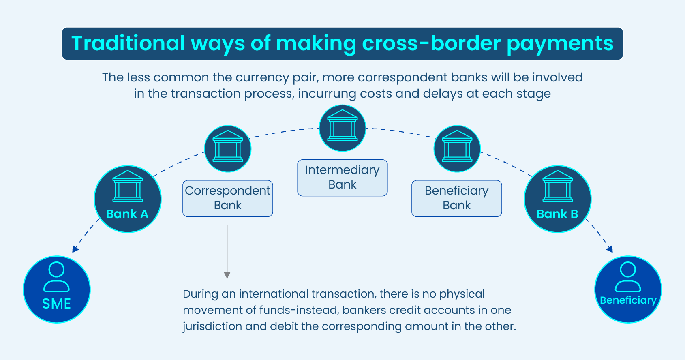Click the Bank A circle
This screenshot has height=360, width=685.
pyautogui.click(x=128, y=199)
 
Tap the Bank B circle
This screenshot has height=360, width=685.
pyautogui.click(x=557, y=199)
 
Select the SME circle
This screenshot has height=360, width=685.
pyautogui.click(x=57, y=289)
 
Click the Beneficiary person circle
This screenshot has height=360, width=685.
pyautogui.click(x=628, y=289)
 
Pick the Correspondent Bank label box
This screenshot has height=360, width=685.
pyautogui.click(x=228, y=198)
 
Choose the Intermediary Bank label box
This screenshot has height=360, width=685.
pyautogui.click(x=342, y=178)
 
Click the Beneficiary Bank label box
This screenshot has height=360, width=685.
pyautogui.click(x=457, y=198)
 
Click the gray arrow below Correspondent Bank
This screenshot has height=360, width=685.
pyautogui.click(x=227, y=251)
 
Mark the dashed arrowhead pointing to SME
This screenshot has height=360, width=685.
pyautogui.click(x=75, y=249)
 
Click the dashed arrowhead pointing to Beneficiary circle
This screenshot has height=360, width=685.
pyautogui.click(x=610, y=249)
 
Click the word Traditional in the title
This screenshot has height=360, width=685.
pyautogui.click(x=128, y=43)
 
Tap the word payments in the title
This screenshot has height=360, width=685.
pyautogui.click(x=560, y=44)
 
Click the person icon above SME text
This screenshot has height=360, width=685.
pyautogui.click(x=56, y=276)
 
